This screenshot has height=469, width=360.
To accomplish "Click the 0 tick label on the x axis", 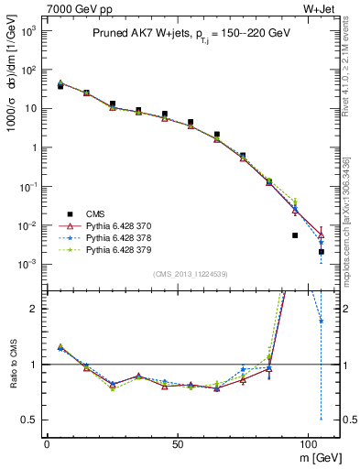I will [47, 442].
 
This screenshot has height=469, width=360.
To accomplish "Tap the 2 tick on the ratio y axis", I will [32, 309].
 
